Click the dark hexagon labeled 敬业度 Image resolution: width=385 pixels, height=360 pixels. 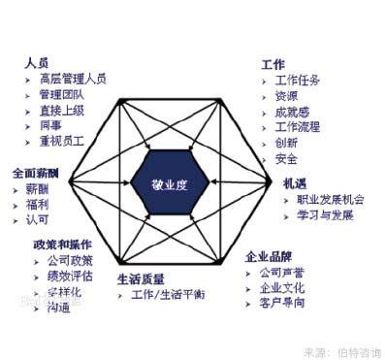(171, 181)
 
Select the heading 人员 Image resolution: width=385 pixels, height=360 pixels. (37, 62)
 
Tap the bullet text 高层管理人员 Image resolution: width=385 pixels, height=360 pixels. (74, 79)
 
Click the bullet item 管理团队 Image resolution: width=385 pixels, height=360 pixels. (62, 95)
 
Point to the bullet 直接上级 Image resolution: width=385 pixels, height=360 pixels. (62, 112)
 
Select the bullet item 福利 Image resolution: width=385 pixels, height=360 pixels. (38, 205)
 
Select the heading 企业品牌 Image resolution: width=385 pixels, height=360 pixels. (268, 256)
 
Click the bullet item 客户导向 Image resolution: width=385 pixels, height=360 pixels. (282, 303)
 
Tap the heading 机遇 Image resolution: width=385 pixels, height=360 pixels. (295, 182)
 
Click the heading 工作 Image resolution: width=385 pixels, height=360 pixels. (273, 63)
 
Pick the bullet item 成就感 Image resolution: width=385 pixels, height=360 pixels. (292, 112)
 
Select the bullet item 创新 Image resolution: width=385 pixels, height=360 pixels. (286, 143)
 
